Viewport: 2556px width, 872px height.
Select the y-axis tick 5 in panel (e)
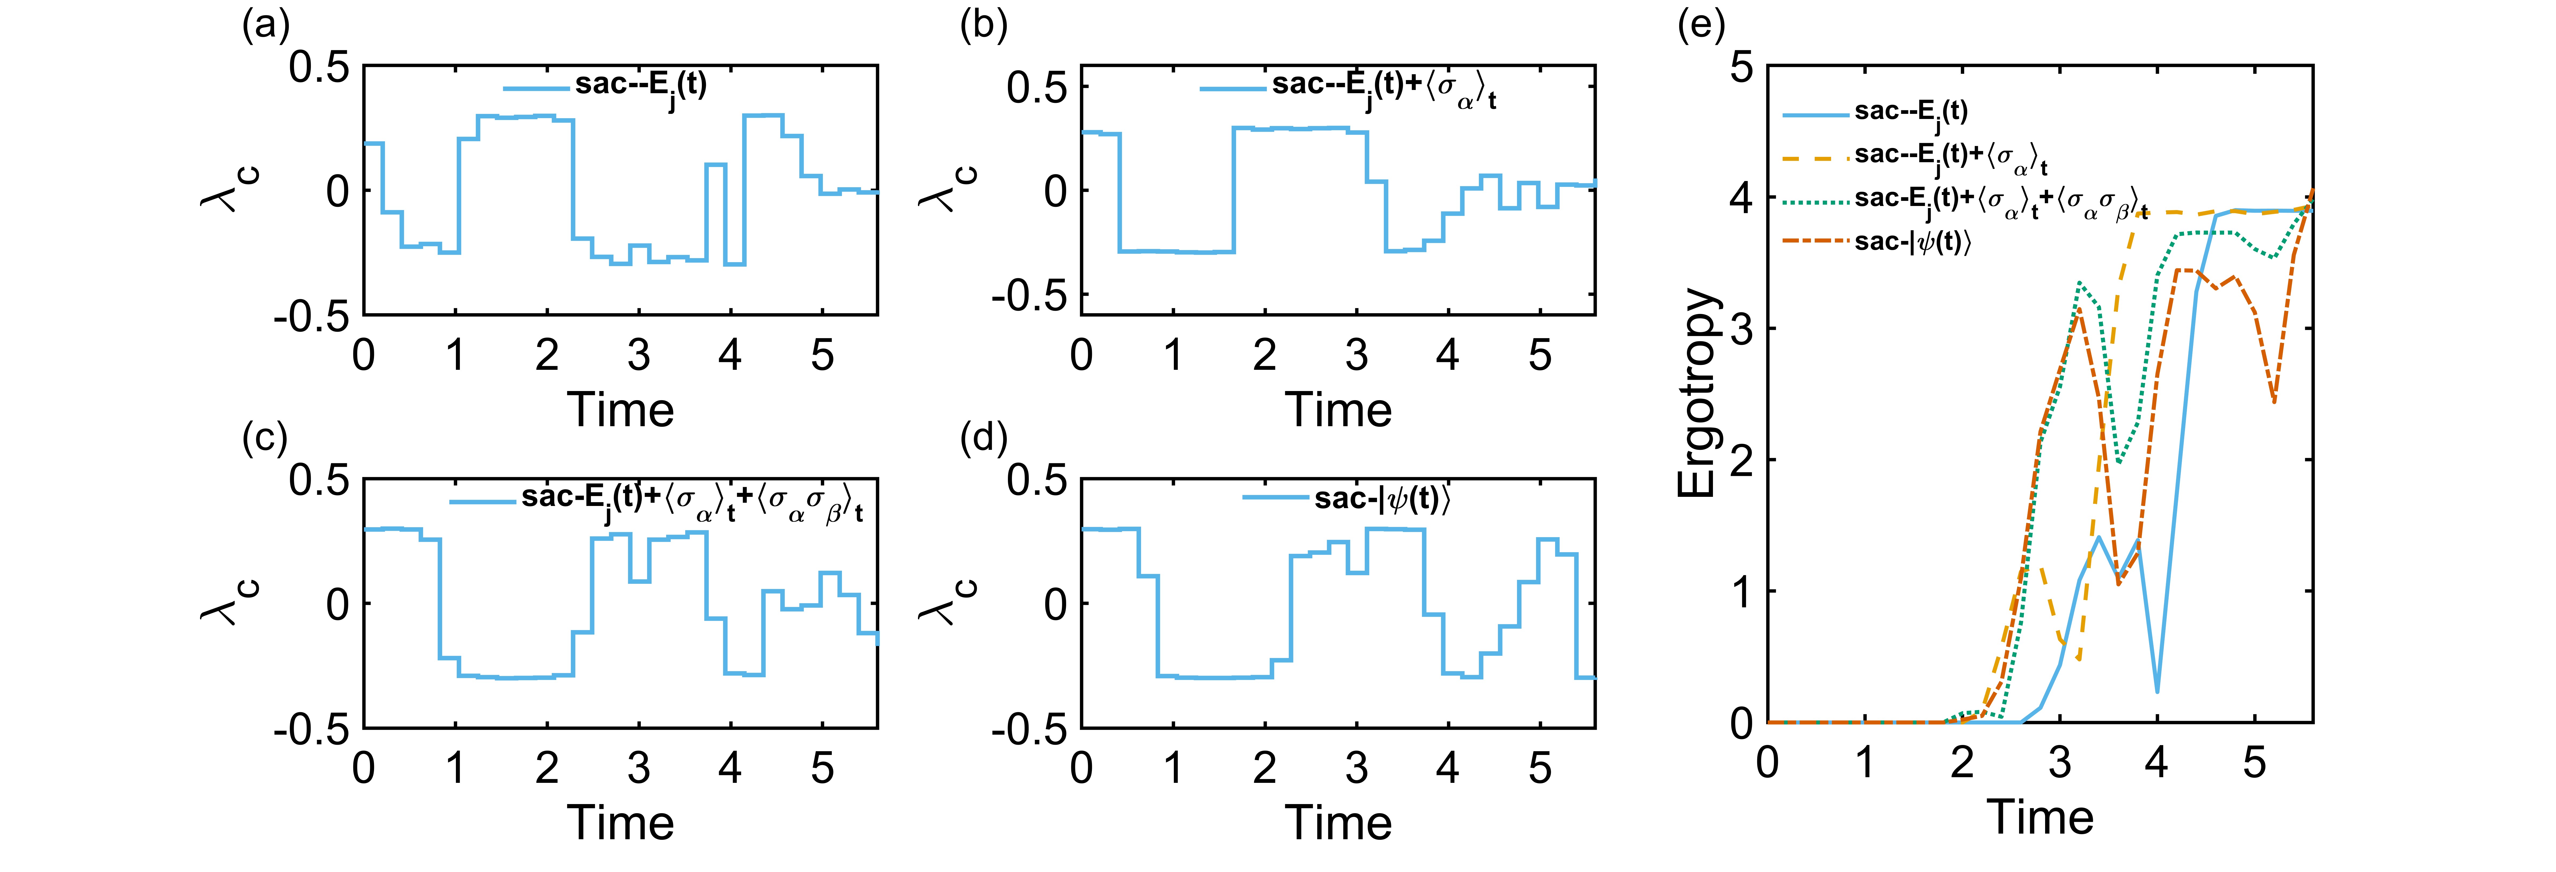click(x=1741, y=67)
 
